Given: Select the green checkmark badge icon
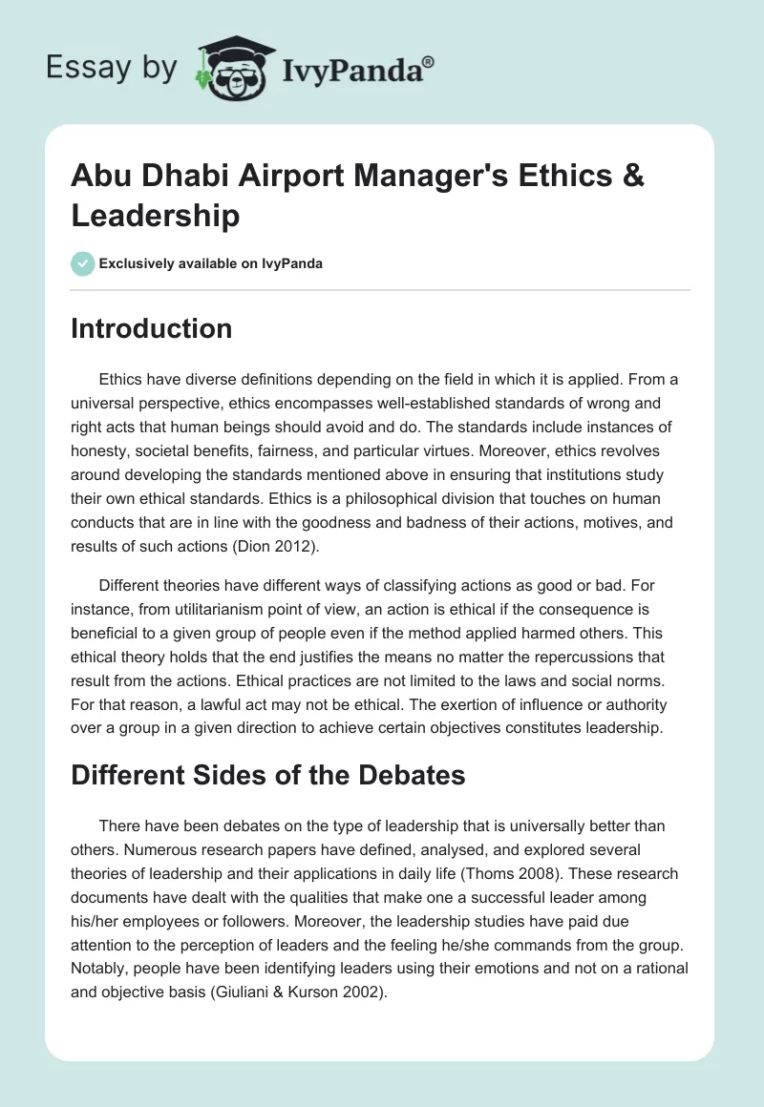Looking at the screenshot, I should [83, 263].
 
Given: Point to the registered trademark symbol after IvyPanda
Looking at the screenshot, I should [429, 61].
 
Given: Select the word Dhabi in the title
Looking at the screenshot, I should [178, 178].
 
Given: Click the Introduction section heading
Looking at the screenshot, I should [152, 328].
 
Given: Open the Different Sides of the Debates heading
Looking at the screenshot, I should [268, 775].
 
